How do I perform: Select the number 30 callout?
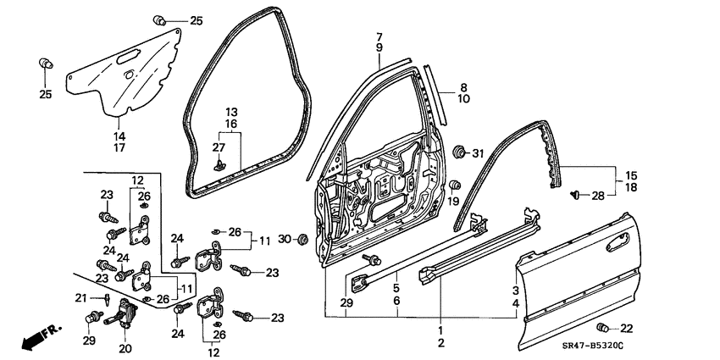(x=284, y=239)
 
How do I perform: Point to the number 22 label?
(x=626, y=329)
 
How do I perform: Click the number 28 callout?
(x=598, y=196)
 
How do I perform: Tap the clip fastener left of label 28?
(x=577, y=195)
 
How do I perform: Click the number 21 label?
(x=82, y=297)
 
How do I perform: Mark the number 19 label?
(x=453, y=202)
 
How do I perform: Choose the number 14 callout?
(x=119, y=136)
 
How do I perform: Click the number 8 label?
(x=463, y=87)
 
